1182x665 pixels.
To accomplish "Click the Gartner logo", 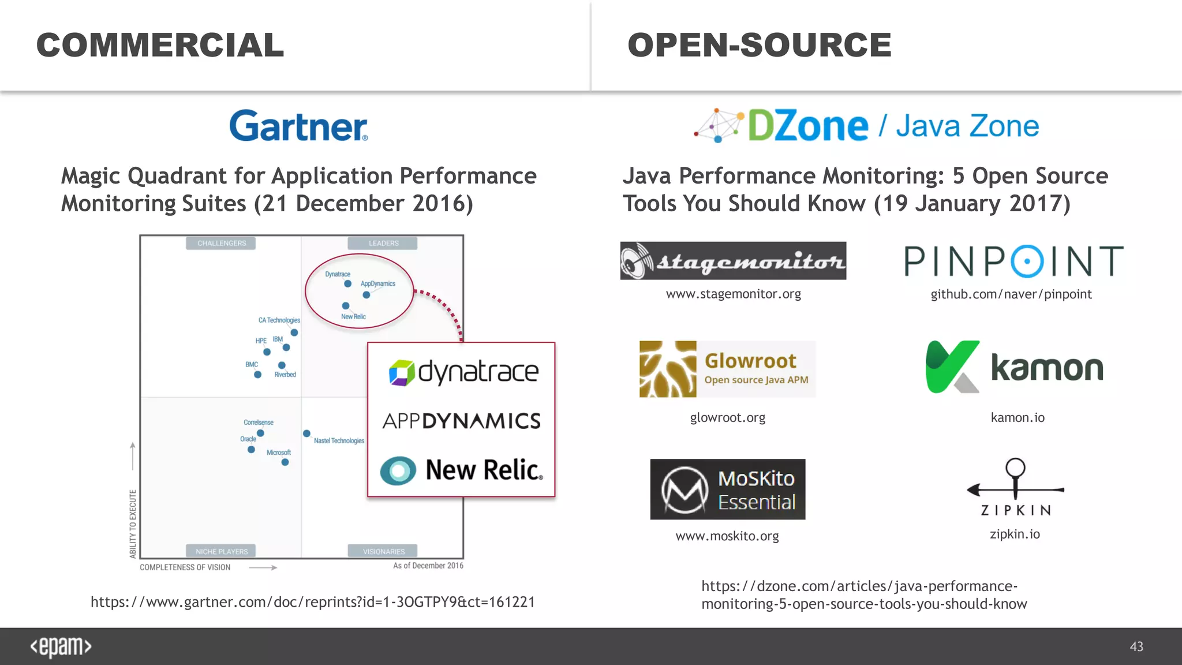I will [x=298, y=126].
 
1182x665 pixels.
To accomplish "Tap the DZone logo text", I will [x=807, y=126].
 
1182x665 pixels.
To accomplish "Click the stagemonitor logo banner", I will [x=733, y=261].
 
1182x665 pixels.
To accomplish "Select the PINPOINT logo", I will [x=1013, y=261].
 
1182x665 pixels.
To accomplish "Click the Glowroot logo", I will [x=727, y=369].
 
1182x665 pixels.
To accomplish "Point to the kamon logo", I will [x=1014, y=368].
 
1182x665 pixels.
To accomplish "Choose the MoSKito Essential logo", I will [x=727, y=490].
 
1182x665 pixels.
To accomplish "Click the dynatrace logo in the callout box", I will [x=463, y=372].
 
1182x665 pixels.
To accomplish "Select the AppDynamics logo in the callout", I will [x=461, y=421].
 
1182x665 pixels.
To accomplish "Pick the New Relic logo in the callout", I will [x=461, y=470].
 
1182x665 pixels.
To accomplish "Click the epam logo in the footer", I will [x=61, y=647].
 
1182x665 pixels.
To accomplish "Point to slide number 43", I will [x=1136, y=647].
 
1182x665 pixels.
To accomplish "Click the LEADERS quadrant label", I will [x=383, y=243].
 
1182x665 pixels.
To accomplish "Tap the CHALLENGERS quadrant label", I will [x=221, y=243].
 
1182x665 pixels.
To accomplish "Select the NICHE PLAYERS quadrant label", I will [x=221, y=551].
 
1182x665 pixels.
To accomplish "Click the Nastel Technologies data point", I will [x=307, y=434].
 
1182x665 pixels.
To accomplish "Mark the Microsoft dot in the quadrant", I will [x=285, y=462].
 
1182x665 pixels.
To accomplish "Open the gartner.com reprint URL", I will [x=312, y=602].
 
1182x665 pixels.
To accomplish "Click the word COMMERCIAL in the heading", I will [x=160, y=45].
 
